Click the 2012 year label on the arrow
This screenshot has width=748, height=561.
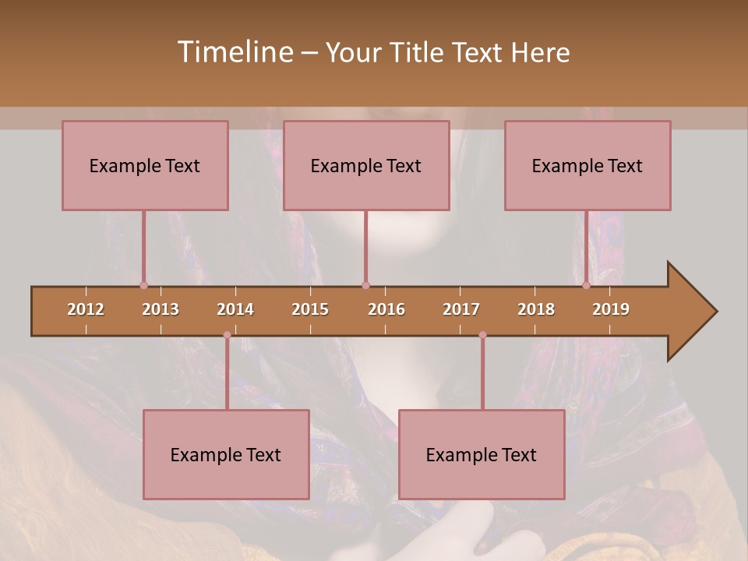click(86, 309)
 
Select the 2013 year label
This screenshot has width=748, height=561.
click(161, 309)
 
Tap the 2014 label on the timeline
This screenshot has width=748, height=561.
click(235, 309)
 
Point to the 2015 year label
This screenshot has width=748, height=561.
click(310, 309)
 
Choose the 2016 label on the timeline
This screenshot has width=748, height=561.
click(386, 309)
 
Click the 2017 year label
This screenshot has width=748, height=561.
click(461, 309)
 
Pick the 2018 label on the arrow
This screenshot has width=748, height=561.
click(536, 309)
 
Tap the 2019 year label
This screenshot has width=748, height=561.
click(611, 309)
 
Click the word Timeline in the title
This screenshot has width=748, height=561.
click(234, 52)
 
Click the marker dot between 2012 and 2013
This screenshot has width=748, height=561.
click(143, 285)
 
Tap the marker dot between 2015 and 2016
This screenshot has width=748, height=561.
click(365, 285)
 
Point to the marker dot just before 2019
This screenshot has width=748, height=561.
click(587, 285)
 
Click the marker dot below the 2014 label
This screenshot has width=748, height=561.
click(227, 335)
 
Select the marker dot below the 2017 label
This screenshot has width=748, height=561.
click(482, 335)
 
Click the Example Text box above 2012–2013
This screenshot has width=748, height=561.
click(145, 165)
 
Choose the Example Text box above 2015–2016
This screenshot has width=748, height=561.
click(366, 165)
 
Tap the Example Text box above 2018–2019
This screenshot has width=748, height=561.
click(587, 165)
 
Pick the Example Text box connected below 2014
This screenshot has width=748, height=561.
click(226, 454)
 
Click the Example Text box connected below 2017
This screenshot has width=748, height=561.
click(482, 454)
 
